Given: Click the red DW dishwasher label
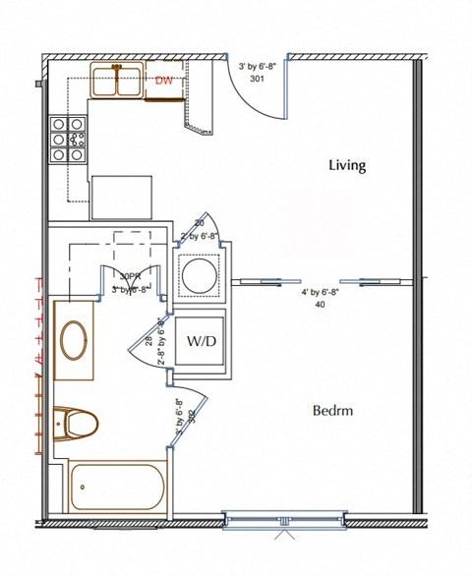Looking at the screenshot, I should click(x=164, y=84).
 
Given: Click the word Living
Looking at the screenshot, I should click(x=346, y=165).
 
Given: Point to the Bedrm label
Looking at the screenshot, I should click(x=333, y=410).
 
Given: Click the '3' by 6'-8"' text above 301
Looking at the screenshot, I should click(x=258, y=66).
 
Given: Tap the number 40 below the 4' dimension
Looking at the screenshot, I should click(x=320, y=304).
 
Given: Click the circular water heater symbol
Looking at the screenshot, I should click(x=200, y=272).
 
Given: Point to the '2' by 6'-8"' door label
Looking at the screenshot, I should click(x=198, y=236).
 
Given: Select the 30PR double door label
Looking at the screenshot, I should click(x=130, y=276).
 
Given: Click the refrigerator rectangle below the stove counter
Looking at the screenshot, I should click(x=121, y=199).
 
